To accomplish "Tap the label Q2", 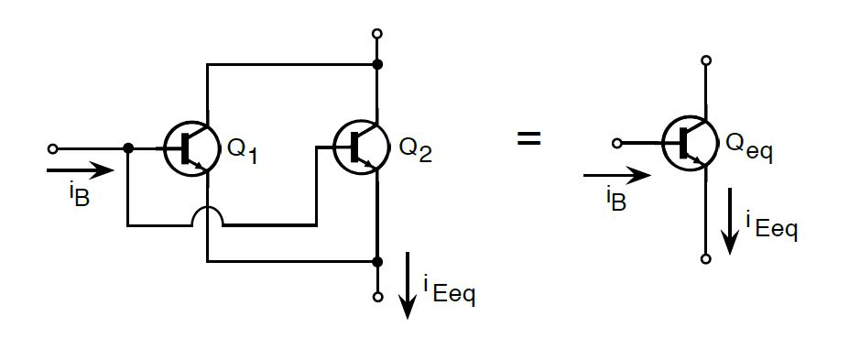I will [414, 149].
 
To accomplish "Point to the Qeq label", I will [748, 147].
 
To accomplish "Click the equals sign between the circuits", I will [528, 139].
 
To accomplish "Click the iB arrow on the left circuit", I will [81, 169].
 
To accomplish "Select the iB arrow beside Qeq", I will [616, 175].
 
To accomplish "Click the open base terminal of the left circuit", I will [52, 147].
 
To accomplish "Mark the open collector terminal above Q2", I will [376, 34].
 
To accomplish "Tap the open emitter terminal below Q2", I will [376, 297].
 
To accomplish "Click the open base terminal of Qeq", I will [617, 143].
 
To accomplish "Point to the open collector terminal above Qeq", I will [706, 60].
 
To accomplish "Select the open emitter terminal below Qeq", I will [706, 259].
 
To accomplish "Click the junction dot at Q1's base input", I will [128, 147].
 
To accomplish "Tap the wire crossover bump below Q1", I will [209, 216].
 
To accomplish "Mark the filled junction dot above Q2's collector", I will [376, 65].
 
